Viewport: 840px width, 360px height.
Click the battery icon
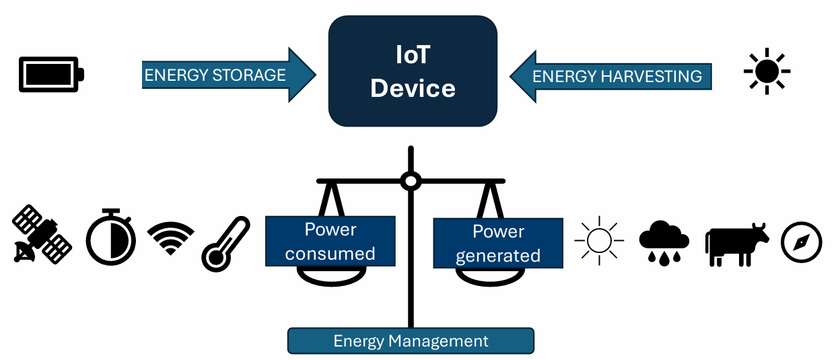51,73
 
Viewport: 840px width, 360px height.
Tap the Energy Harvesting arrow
610,75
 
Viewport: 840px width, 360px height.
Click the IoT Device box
413,71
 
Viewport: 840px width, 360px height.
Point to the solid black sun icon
767,71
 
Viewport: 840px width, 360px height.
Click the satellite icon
42,235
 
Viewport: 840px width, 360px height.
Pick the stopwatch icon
110,236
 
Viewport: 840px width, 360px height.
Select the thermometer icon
225,244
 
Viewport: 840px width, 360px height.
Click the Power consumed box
330,242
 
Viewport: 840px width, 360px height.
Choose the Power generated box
497,243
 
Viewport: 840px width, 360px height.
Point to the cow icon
736,244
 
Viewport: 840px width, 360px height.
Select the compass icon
802,242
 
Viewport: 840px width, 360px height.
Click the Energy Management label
411,341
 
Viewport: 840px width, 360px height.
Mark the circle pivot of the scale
410,180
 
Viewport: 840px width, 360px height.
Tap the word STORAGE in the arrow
250,75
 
